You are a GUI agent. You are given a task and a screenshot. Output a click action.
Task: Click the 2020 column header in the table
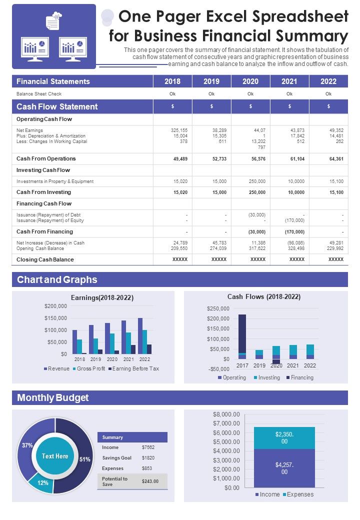pyautogui.click(x=250, y=81)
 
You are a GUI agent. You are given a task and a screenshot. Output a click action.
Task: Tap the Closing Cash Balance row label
pyautogui.click(x=45, y=259)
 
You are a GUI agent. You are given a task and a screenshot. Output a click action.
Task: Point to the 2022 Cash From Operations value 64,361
pyautogui.click(x=336, y=159)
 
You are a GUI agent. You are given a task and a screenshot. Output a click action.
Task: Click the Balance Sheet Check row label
pyautogui.click(x=39, y=94)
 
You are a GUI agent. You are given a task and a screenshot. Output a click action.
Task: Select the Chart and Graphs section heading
pyautogui.click(x=57, y=279)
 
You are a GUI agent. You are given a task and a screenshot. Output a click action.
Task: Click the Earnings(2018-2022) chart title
pyautogui.click(x=102, y=297)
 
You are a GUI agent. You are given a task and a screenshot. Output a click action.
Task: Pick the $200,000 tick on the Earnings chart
pyautogui.click(x=55, y=306)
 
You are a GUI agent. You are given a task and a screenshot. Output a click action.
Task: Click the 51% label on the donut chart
pyautogui.click(x=85, y=459)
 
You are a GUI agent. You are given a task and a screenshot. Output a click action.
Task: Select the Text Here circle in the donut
pyautogui.click(x=55, y=456)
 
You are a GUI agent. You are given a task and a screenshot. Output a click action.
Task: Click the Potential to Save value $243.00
pyautogui.click(x=150, y=481)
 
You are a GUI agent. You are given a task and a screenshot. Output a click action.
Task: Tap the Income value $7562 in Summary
pyautogui.click(x=148, y=447)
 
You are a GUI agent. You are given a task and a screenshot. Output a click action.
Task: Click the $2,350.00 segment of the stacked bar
pyautogui.click(x=284, y=438)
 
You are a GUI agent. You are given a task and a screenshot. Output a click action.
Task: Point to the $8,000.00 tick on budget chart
pyautogui.click(x=226, y=414)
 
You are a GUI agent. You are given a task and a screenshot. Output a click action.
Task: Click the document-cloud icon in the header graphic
pyautogui.click(x=53, y=21)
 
